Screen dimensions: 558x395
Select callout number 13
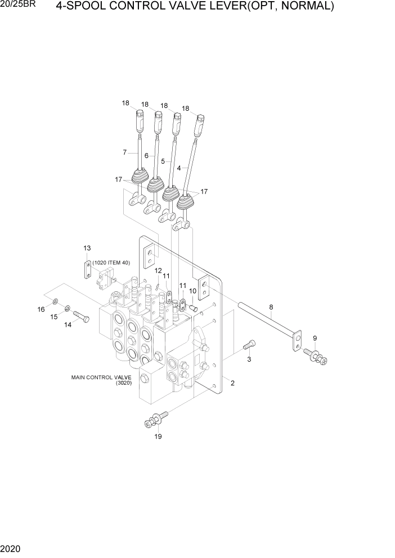87,247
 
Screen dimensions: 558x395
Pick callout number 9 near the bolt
315,337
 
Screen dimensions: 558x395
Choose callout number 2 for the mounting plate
232,384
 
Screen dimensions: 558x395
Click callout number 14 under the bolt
68,325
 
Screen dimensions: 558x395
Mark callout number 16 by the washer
41,309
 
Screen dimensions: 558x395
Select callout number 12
159,270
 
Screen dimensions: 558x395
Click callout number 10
192,291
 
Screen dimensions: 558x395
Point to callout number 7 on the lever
125,152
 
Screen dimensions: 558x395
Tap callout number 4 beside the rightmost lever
179,168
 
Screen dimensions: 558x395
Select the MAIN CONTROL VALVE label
101,377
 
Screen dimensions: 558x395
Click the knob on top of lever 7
138,120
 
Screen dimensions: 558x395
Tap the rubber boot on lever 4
187,200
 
